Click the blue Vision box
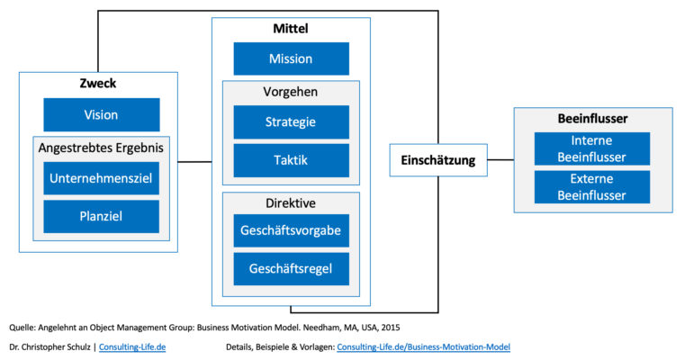tap(102, 115)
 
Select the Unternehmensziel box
tap(102, 178)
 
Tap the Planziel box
tap(102, 217)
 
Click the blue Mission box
tap(291, 59)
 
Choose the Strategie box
tap(291, 122)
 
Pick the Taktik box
tap(291, 160)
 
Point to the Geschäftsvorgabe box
tap(291, 230)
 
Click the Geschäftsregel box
tap(291, 269)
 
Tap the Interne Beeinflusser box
tap(591, 148)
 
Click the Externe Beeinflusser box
tap(591, 187)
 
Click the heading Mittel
tap(291, 29)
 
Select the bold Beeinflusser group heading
tap(592, 119)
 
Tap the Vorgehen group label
tap(290, 92)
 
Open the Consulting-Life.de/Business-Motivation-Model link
tap(423, 346)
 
